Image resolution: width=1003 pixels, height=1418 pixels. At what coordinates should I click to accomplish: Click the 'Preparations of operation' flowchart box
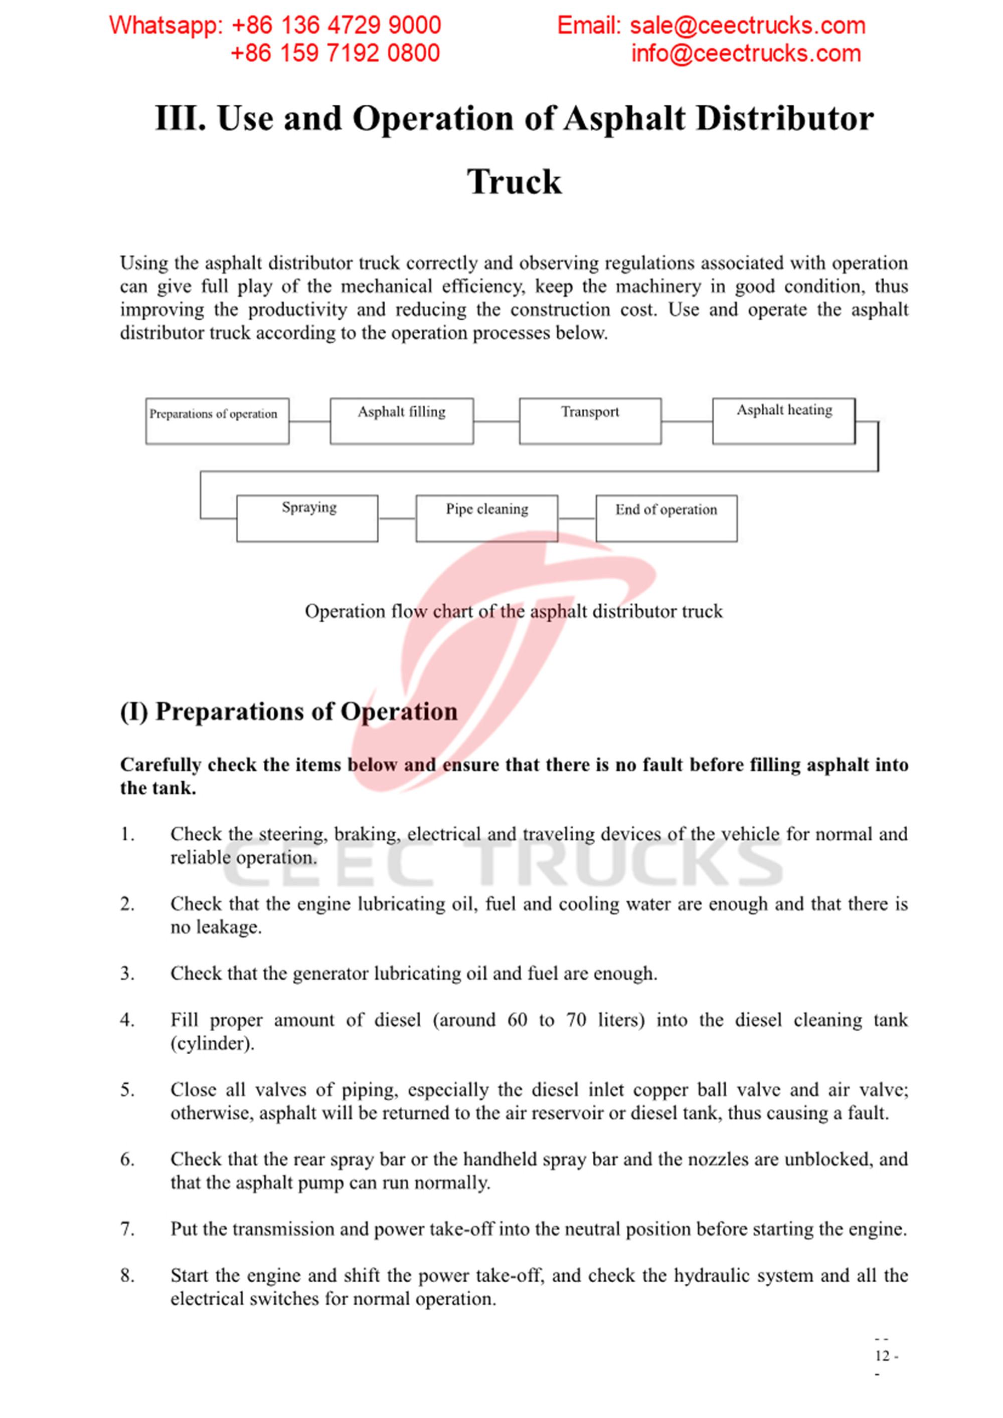(217, 421)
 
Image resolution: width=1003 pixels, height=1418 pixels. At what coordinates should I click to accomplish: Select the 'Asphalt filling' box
(402, 421)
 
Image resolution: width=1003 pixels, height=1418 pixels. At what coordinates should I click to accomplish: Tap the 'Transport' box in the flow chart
(590, 421)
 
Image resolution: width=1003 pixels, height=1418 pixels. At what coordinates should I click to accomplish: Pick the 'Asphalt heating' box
(784, 421)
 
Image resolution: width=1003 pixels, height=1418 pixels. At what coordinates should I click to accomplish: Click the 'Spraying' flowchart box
(307, 518)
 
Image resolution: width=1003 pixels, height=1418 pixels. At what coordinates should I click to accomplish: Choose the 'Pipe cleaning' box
(486, 518)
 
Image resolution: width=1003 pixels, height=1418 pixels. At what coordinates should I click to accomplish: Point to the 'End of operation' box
(666, 518)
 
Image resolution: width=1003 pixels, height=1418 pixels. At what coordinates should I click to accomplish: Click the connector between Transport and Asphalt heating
(687, 422)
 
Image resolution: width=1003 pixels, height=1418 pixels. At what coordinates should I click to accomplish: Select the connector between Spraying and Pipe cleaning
(397, 518)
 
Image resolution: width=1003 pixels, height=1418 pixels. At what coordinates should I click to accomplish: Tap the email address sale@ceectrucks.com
(747, 26)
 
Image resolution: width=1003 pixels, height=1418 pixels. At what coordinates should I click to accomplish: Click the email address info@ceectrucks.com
(745, 54)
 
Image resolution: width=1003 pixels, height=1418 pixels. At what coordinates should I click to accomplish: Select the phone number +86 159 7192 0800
(335, 54)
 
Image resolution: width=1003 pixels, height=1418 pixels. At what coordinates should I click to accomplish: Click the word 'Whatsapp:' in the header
(165, 26)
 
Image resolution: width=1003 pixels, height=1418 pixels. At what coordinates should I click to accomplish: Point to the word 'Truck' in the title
(514, 181)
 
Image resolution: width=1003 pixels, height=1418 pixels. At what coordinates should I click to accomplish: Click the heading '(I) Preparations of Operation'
(288, 712)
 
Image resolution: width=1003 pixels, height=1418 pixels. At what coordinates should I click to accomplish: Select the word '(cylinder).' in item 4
(213, 1043)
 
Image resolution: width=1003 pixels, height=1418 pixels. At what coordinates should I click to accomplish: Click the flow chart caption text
(514, 611)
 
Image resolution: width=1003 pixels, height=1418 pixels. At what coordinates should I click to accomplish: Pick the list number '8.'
(127, 1275)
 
